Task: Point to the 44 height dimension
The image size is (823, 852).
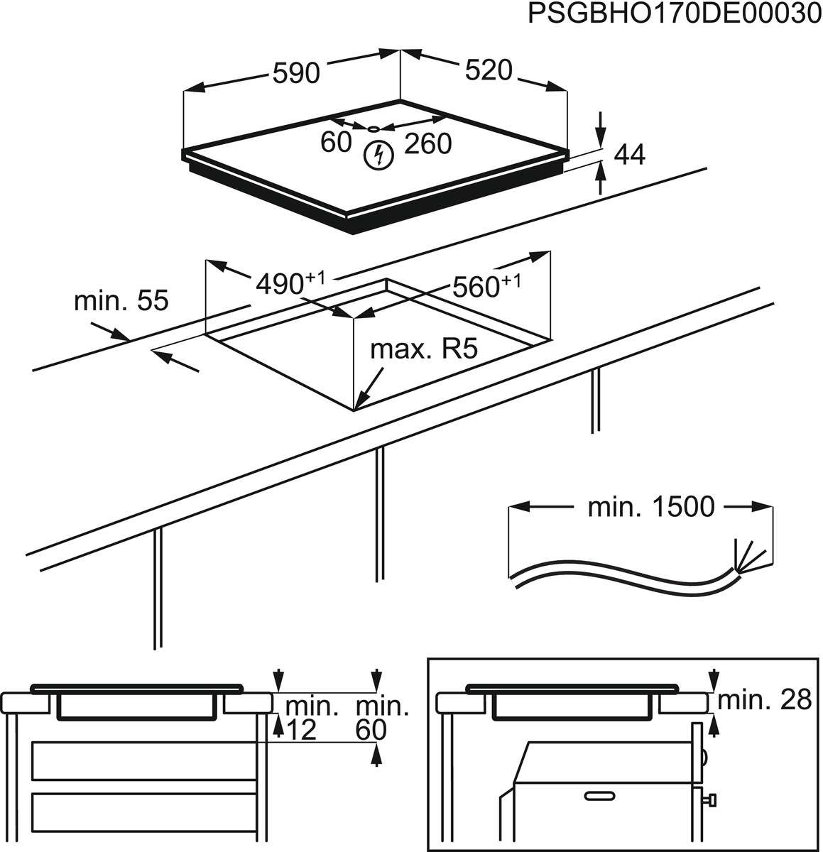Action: click(x=628, y=154)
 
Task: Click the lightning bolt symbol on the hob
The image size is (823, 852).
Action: click(x=377, y=155)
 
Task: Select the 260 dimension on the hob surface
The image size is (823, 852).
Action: click(x=427, y=144)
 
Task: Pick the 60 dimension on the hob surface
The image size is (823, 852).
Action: click(x=336, y=142)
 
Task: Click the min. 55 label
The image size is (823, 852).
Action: click(x=121, y=300)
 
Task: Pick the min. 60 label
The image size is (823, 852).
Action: click(x=382, y=717)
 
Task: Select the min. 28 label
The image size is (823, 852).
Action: click(x=764, y=700)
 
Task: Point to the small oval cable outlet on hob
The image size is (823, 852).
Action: click(x=375, y=129)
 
